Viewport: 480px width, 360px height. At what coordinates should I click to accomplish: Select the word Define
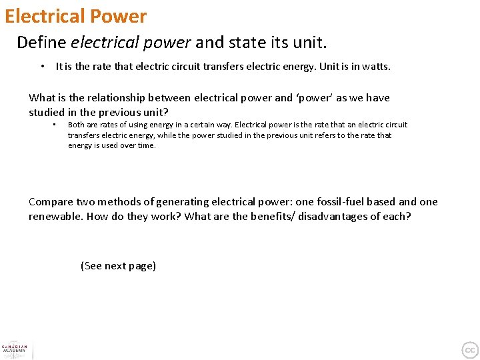click(41, 43)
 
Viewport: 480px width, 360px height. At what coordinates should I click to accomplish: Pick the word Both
click(76, 125)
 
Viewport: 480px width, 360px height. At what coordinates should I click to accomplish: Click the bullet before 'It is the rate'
click(42, 67)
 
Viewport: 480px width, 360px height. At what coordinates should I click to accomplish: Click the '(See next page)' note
click(118, 266)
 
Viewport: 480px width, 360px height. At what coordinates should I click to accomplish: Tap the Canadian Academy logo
click(15, 350)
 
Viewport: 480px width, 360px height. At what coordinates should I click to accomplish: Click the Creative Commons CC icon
click(470, 350)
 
